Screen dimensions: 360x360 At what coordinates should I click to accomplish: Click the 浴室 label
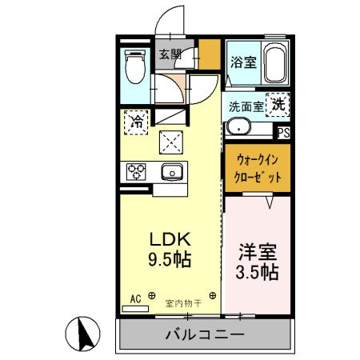[244, 62]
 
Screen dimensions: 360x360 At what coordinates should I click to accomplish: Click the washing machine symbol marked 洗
[278, 103]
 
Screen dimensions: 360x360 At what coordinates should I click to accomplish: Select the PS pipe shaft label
[284, 132]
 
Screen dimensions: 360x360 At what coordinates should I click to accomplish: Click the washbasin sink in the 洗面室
[238, 126]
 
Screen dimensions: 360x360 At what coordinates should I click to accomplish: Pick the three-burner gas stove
[135, 170]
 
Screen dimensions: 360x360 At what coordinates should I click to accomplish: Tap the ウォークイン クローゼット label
[256, 170]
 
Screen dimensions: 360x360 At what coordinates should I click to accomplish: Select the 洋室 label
[258, 250]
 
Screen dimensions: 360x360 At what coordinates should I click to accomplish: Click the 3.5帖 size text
[258, 271]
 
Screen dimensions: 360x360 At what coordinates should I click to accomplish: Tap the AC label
[135, 298]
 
